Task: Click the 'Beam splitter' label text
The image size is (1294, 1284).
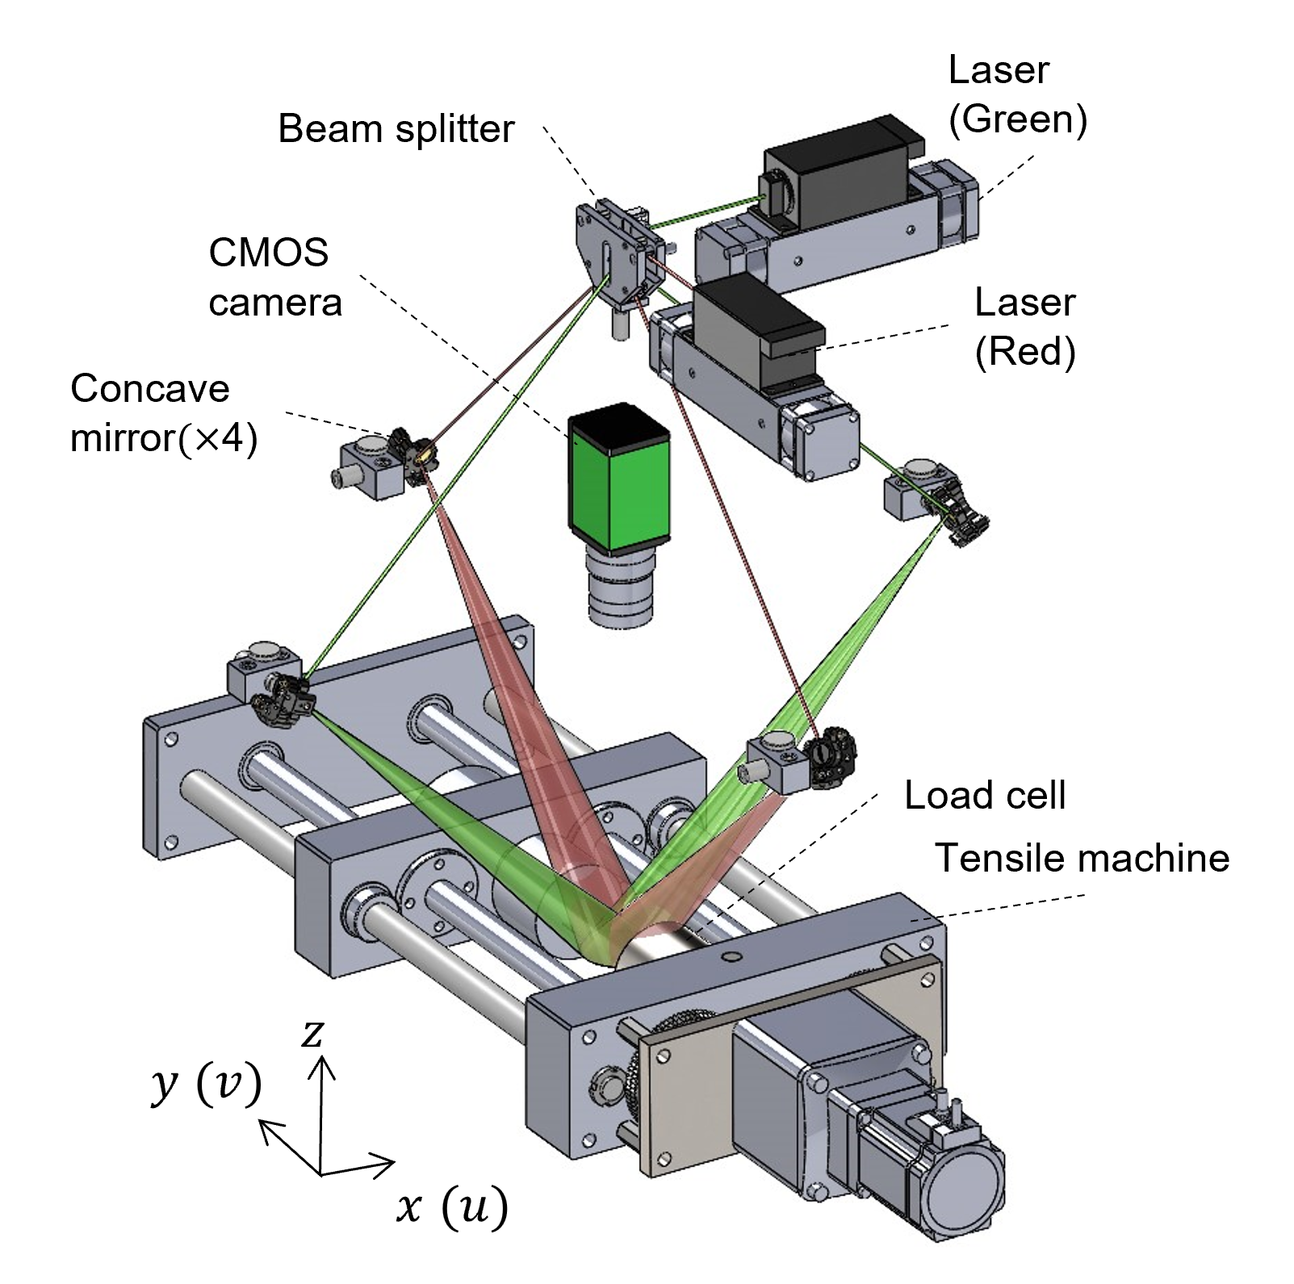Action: (396, 129)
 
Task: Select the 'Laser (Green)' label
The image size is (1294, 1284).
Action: (1017, 94)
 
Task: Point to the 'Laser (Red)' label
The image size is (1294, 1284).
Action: (1024, 327)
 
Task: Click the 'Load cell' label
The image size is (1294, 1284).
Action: (985, 795)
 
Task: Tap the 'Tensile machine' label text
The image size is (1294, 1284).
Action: (1082, 858)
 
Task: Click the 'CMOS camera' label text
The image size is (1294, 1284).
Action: (274, 278)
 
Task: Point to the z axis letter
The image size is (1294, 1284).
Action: (312, 1033)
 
